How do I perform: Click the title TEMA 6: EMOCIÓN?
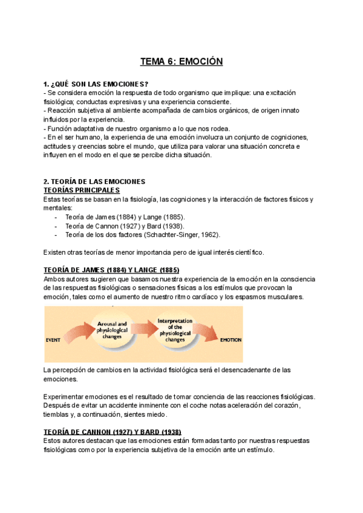pyautogui.click(x=181, y=61)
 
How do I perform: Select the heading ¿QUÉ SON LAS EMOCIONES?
pyautogui.click(x=100, y=83)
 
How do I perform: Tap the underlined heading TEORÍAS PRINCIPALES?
pyautogui.click(x=82, y=191)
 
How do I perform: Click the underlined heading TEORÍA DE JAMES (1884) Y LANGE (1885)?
pyautogui.click(x=111, y=270)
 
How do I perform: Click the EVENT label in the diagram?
pyautogui.click(x=53, y=340)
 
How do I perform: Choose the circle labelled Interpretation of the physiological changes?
pyautogui.click(x=175, y=330)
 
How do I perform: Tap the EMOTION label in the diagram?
pyautogui.click(x=231, y=340)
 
